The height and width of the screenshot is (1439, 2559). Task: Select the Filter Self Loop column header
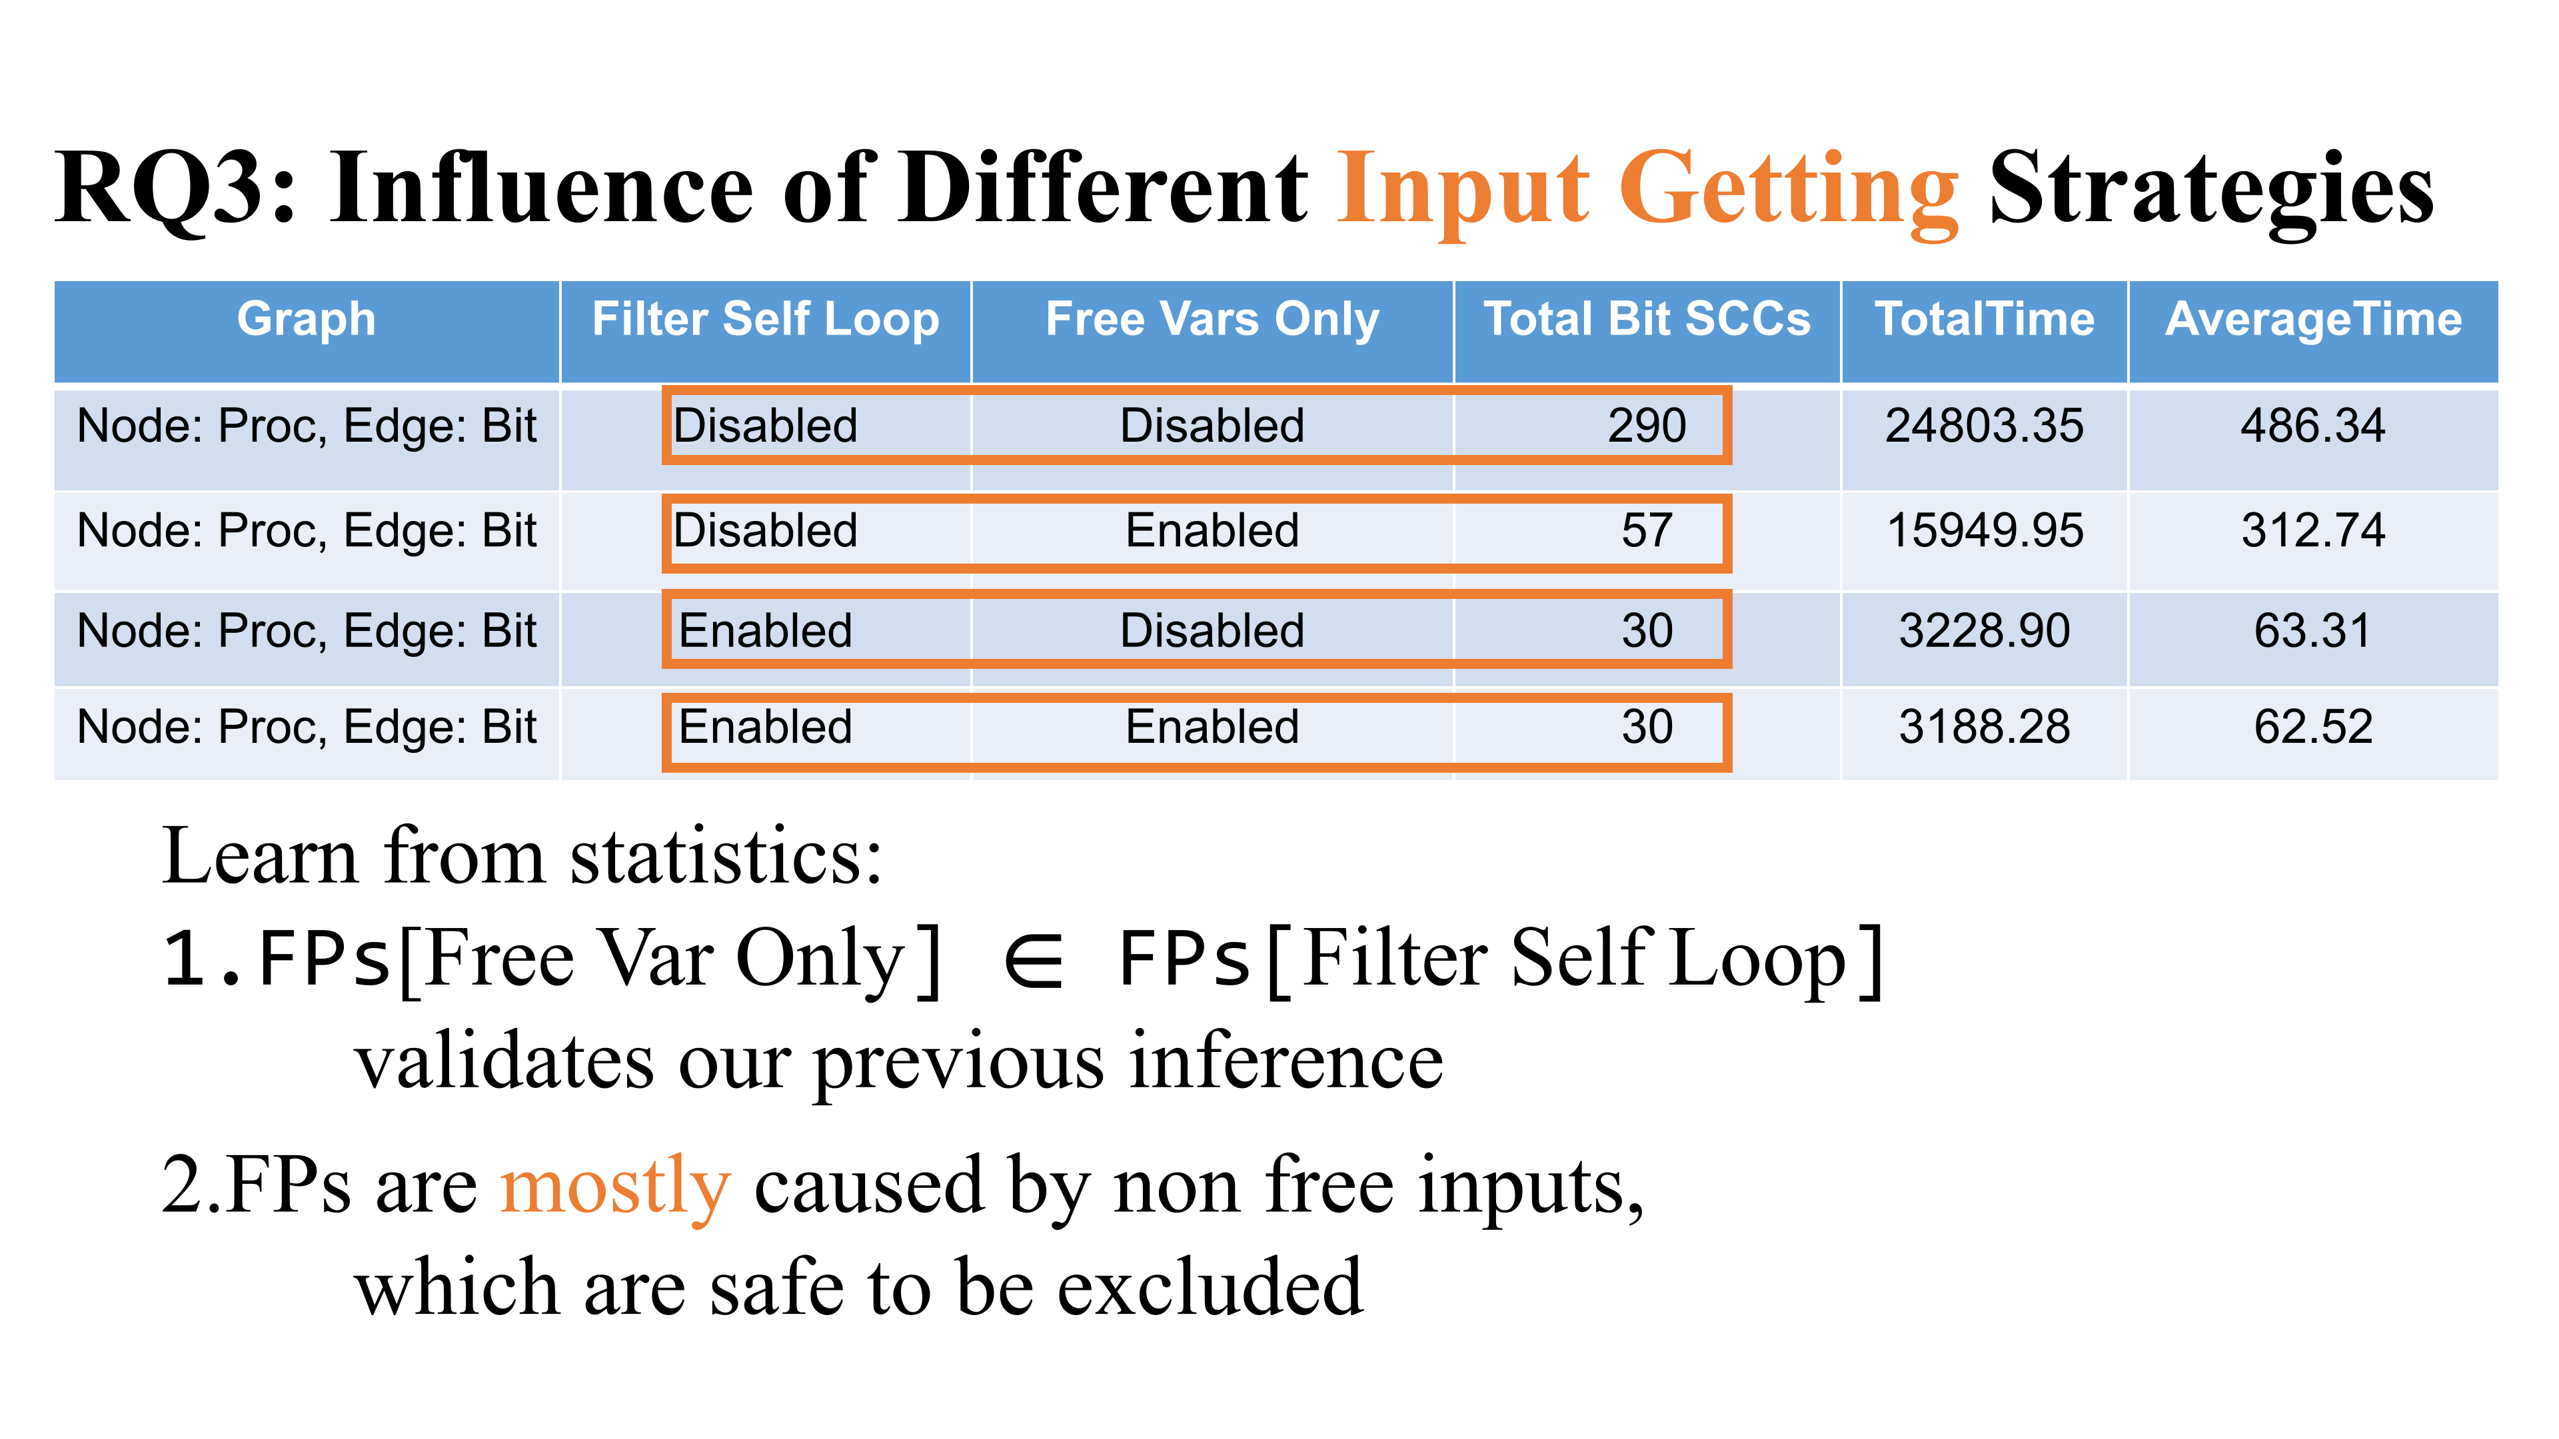[x=765, y=320]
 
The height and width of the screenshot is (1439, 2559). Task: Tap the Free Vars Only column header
[x=1212, y=320]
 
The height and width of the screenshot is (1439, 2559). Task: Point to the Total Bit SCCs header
[x=1647, y=320]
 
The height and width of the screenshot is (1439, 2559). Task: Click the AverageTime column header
[x=2314, y=320]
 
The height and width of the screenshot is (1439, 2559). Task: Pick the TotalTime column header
[x=1985, y=320]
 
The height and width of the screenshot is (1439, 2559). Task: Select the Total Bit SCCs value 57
[x=1647, y=530]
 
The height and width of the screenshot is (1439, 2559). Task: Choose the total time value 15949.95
[x=1985, y=530]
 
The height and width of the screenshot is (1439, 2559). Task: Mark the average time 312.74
[x=2314, y=530]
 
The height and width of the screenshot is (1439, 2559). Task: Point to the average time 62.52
[x=2314, y=727]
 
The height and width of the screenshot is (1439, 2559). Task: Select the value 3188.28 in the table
[x=1985, y=727]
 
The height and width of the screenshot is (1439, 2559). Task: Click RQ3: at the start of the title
[x=177, y=189]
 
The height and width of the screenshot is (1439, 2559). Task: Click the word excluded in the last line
[x=1210, y=1287]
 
